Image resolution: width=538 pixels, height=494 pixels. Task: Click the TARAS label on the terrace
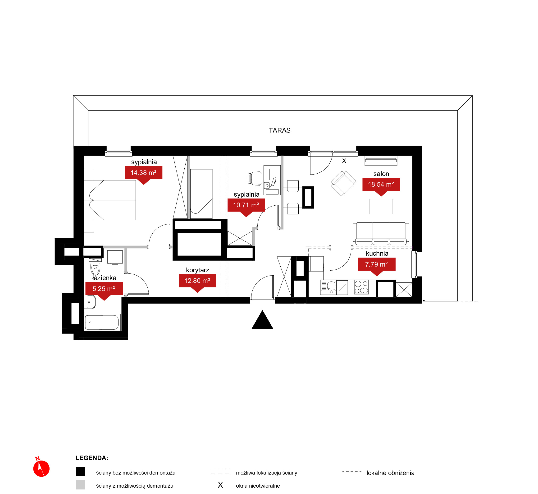279,130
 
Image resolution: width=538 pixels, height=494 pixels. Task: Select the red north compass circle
41,469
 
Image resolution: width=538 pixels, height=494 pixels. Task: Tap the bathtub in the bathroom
102,322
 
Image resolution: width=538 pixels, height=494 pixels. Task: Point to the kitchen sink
328,287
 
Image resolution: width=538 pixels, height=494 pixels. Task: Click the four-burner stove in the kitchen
361,287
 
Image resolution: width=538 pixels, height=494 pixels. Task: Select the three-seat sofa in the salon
381,234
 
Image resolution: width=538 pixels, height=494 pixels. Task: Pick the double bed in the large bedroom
110,200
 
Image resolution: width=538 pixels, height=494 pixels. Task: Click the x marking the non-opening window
344,161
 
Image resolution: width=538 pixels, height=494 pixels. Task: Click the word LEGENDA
92,458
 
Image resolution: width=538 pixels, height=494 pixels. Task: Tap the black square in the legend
80,471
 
